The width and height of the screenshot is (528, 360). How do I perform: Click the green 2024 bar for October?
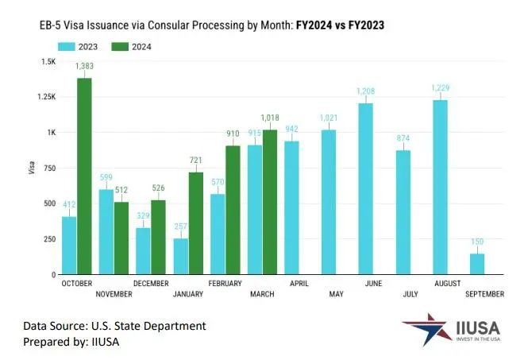[x=83, y=176]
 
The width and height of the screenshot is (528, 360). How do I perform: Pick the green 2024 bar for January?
[x=195, y=223]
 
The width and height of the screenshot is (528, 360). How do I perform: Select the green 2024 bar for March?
[x=270, y=202]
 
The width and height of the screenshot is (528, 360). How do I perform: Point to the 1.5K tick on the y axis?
[x=48, y=61]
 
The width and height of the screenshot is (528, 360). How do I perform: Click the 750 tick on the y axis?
[x=49, y=168]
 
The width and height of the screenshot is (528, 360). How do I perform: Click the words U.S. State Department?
[x=149, y=325]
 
